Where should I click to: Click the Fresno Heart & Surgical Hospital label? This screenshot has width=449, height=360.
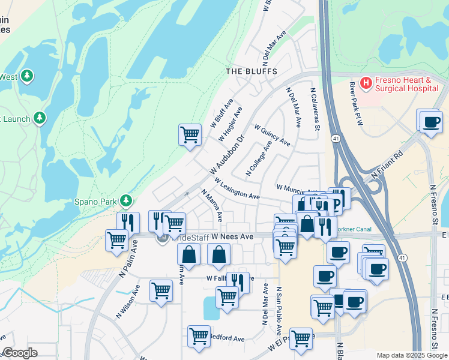(404, 84)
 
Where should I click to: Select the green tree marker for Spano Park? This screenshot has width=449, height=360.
(126, 200)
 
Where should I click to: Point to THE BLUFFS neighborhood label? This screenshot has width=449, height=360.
(251, 71)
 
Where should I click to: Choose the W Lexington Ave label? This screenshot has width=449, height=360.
(236, 188)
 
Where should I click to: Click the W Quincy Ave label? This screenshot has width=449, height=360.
(272, 136)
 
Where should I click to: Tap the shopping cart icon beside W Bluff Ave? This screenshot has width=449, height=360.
(190, 134)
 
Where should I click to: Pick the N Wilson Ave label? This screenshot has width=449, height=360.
(129, 300)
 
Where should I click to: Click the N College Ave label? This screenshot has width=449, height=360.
(259, 159)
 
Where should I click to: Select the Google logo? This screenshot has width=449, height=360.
(20, 353)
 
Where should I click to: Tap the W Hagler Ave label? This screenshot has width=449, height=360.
(230, 125)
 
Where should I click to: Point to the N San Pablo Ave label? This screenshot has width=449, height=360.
(279, 310)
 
